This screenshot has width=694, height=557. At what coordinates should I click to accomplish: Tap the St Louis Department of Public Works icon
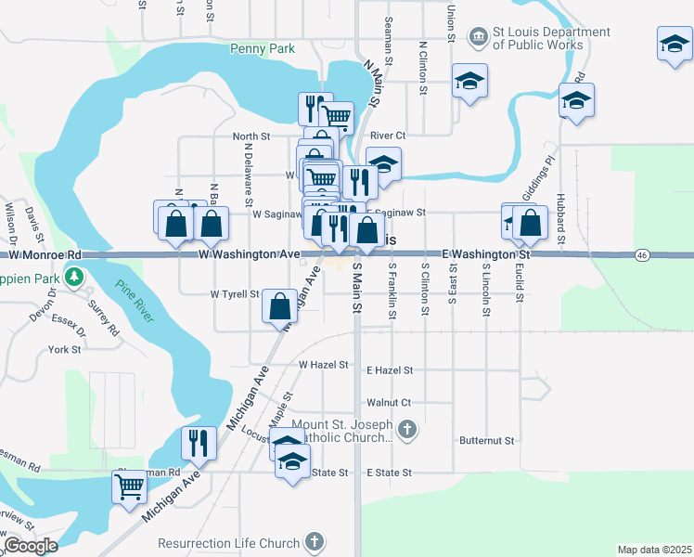pos(479,37)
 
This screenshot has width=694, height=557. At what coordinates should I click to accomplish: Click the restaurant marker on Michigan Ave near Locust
pos(199,442)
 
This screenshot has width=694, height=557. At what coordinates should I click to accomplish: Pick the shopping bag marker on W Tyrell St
pos(280,305)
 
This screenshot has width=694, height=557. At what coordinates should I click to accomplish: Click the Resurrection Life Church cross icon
pos(315,542)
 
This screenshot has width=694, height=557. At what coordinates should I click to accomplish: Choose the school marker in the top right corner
pos(675,44)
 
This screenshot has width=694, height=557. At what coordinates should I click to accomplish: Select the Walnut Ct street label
pos(388,402)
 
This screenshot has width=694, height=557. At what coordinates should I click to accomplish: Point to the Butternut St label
pos(486,439)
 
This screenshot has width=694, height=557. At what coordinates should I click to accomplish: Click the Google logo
pos(30,545)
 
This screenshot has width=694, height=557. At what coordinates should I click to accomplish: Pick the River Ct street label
pos(388,136)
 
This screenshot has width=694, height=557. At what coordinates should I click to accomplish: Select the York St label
pos(65,350)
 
